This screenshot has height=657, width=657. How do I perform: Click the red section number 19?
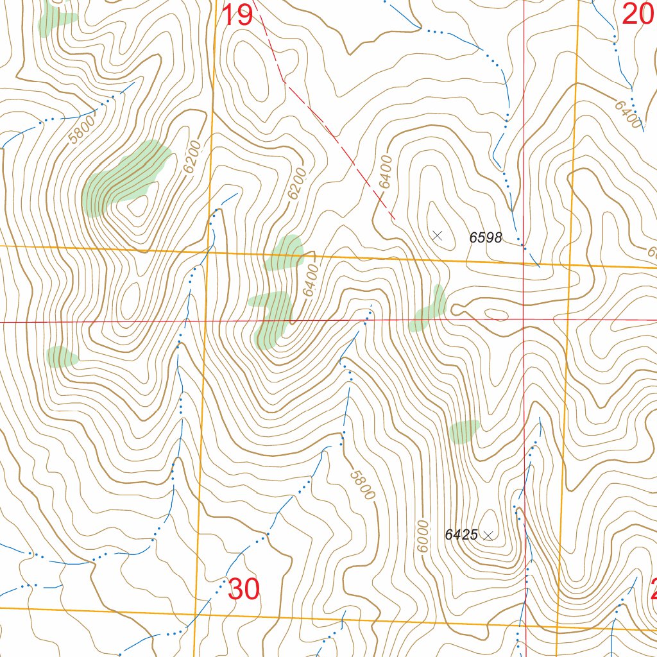(x=237, y=15)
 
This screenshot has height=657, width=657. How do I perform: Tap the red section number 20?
(x=638, y=13)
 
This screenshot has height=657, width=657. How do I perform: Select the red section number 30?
(x=243, y=590)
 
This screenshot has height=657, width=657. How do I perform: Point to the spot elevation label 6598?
(x=486, y=238)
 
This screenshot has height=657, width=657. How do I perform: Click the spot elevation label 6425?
(x=461, y=534)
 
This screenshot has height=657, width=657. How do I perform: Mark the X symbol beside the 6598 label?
(x=438, y=236)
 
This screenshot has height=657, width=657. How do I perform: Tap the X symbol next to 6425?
(x=488, y=536)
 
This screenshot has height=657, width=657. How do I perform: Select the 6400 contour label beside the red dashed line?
(x=385, y=172)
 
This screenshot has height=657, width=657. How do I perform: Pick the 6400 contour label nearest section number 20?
(x=628, y=114)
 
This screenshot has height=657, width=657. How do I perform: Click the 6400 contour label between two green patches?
(x=310, y=280)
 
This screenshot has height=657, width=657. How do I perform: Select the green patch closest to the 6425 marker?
(x=464, y=432)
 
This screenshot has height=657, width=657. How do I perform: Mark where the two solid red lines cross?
(x=524, y=319)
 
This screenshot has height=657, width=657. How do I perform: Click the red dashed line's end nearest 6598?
(x=393, y=219)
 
